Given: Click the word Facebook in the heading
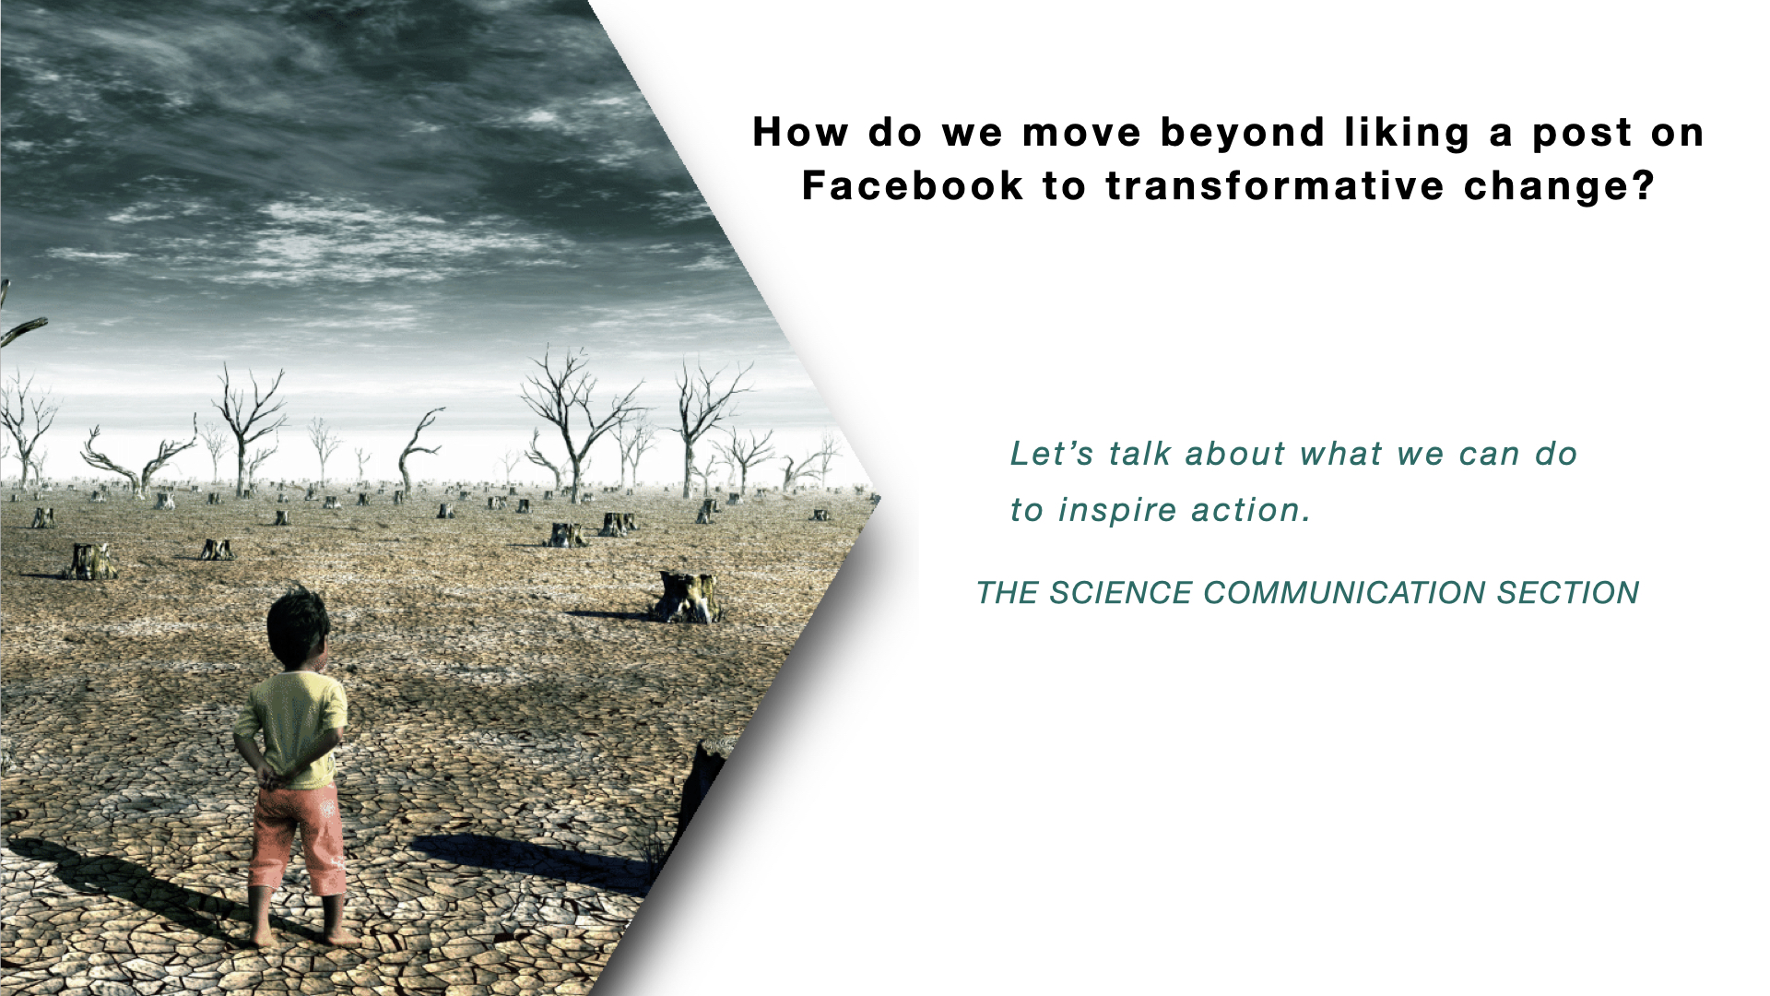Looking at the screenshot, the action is (913, 185).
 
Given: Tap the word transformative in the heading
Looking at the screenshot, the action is (1275, 185).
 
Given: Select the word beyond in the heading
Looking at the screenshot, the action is (1243, 134).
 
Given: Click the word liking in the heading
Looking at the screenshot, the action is (1407, 134).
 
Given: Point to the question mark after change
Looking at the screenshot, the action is (1645, 185).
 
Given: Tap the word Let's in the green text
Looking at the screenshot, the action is (1052, 453).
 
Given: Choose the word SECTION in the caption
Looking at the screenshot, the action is (1567, 593).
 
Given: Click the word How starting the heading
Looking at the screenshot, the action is (799, 134).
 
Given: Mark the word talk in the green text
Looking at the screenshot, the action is (1139, 453).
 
